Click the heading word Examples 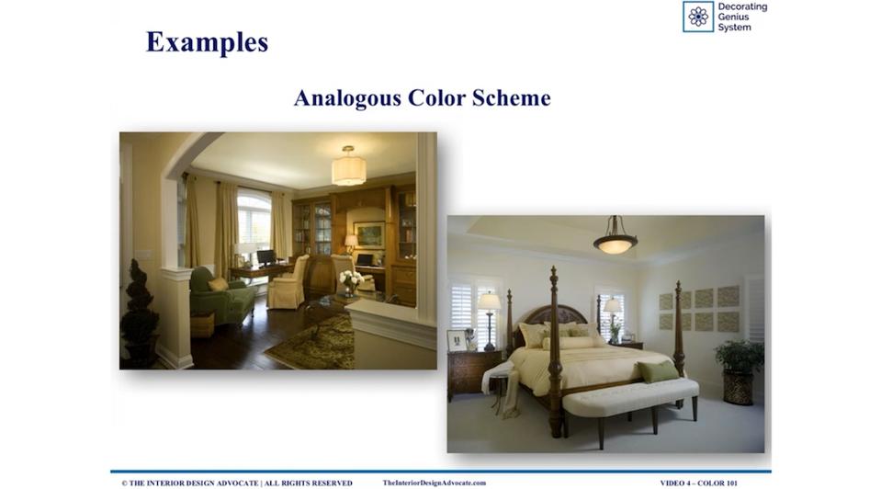tap(207, 42)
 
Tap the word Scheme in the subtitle tap(512, 97)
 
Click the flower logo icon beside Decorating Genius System tap(698, 17)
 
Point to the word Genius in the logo tap(733, 17)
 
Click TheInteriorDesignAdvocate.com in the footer tap(435, 483)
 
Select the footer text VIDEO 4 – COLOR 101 tap(699, 483)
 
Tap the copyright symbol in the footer tap(124, 483)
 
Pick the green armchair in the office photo tap(220, 298)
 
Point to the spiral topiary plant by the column tap(138, 312)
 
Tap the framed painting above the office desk tap(369, 235)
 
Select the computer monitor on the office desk tap(265, 258)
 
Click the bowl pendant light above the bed tap(616, 239)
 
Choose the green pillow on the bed tap(657, 371)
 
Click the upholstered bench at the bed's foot tap(630, 405)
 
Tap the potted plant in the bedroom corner tap(739, 371)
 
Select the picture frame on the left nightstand tap(457, 341)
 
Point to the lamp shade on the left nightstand tap(489, 301)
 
